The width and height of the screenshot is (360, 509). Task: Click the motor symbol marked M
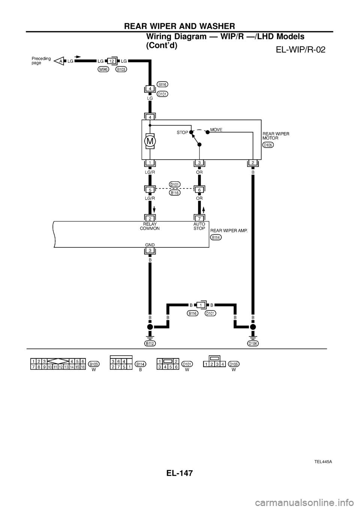(150, 141)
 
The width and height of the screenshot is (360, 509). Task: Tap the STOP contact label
(182, 132)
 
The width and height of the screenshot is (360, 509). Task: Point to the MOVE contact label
(216, 130)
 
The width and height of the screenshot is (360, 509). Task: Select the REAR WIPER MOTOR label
(276, 136)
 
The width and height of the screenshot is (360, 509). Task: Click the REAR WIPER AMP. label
(229, 231)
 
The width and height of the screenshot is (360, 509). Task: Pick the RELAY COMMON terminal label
(150, 226)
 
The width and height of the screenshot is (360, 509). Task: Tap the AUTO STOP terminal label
(199, 226)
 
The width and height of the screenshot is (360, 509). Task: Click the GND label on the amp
(150, 245)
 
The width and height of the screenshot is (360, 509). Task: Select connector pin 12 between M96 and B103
(111, 61)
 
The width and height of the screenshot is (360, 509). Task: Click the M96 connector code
(104, 70)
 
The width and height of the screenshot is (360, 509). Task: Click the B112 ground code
(150, 344)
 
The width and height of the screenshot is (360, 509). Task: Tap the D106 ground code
(253, 344)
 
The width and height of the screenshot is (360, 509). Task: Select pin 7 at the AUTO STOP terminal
(199, 219)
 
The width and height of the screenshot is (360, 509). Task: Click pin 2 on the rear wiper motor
(253, 162)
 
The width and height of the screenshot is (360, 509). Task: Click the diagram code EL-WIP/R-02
(301, 49)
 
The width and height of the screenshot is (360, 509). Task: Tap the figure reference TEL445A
(324, 461)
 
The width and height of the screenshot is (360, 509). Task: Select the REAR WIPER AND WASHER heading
(180, 26)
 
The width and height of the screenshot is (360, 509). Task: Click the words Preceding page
(41, 61)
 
